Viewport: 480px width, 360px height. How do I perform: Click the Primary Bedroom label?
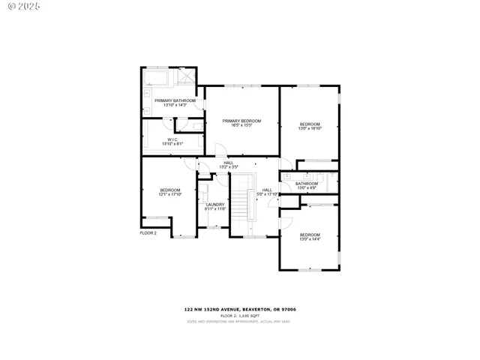241,121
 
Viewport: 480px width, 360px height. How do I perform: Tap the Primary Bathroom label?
175,100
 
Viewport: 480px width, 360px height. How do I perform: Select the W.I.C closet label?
172,139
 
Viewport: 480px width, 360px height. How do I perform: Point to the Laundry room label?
215,205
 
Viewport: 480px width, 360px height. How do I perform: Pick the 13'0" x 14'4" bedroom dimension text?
310,239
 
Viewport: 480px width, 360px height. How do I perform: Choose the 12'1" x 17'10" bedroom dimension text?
169,194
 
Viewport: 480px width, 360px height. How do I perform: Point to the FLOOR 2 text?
148,233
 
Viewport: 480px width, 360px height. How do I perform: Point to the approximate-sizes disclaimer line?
239,321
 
